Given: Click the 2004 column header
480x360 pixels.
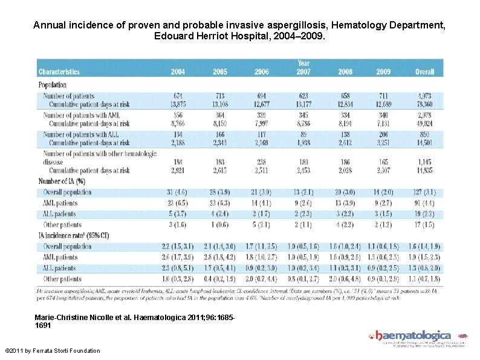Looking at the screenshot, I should pos(178,71).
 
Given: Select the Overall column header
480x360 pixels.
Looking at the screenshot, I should pos(424,71).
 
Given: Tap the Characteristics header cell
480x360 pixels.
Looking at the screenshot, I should pos(59,71).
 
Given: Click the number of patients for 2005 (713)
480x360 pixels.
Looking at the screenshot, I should pos(220,96).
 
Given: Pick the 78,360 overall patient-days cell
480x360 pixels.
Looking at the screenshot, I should pos(424,104).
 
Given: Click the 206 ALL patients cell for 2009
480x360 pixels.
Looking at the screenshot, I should pos(383,134).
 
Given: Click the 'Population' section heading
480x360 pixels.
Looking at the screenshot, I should pos(53,85).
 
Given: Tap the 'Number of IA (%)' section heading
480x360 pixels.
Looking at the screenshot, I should pos(62,182).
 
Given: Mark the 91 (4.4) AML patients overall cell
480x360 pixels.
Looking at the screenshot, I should pos(424,203).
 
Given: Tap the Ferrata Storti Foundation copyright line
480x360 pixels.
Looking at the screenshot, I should pos(52,351).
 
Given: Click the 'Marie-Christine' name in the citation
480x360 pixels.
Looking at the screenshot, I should pos(60,316).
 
